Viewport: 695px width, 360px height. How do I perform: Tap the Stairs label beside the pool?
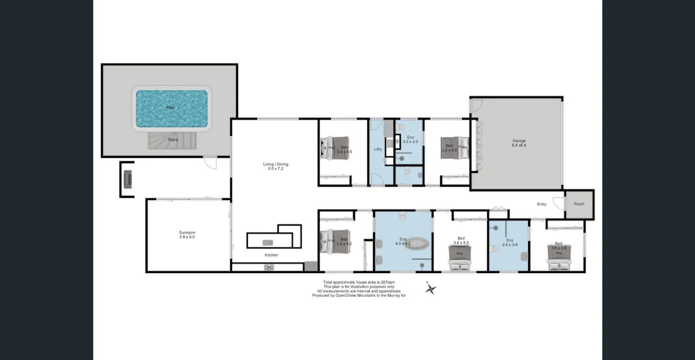click(x=173, y=140)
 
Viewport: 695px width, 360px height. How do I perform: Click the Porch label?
click(x=579, y=204)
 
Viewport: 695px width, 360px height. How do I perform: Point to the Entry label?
click(x=542, y=204)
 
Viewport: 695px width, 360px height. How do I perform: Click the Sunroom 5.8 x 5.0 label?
click(x=187, y=235)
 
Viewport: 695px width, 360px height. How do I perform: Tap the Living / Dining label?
click(x=276, y=167)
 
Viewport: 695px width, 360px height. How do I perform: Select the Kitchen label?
click(x=271, y=255)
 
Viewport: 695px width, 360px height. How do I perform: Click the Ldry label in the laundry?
click(x=378, y=149)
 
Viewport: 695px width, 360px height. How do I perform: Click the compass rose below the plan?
click(x=431, y=289)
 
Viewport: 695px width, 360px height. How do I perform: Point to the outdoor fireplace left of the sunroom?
click(x=128, y=179)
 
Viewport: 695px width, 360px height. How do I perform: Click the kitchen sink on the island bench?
click(x=268, y=243)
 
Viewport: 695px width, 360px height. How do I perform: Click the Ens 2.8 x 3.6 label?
click(x=510, y=243)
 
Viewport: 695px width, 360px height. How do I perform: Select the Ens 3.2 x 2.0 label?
click(x=410, y=140)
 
